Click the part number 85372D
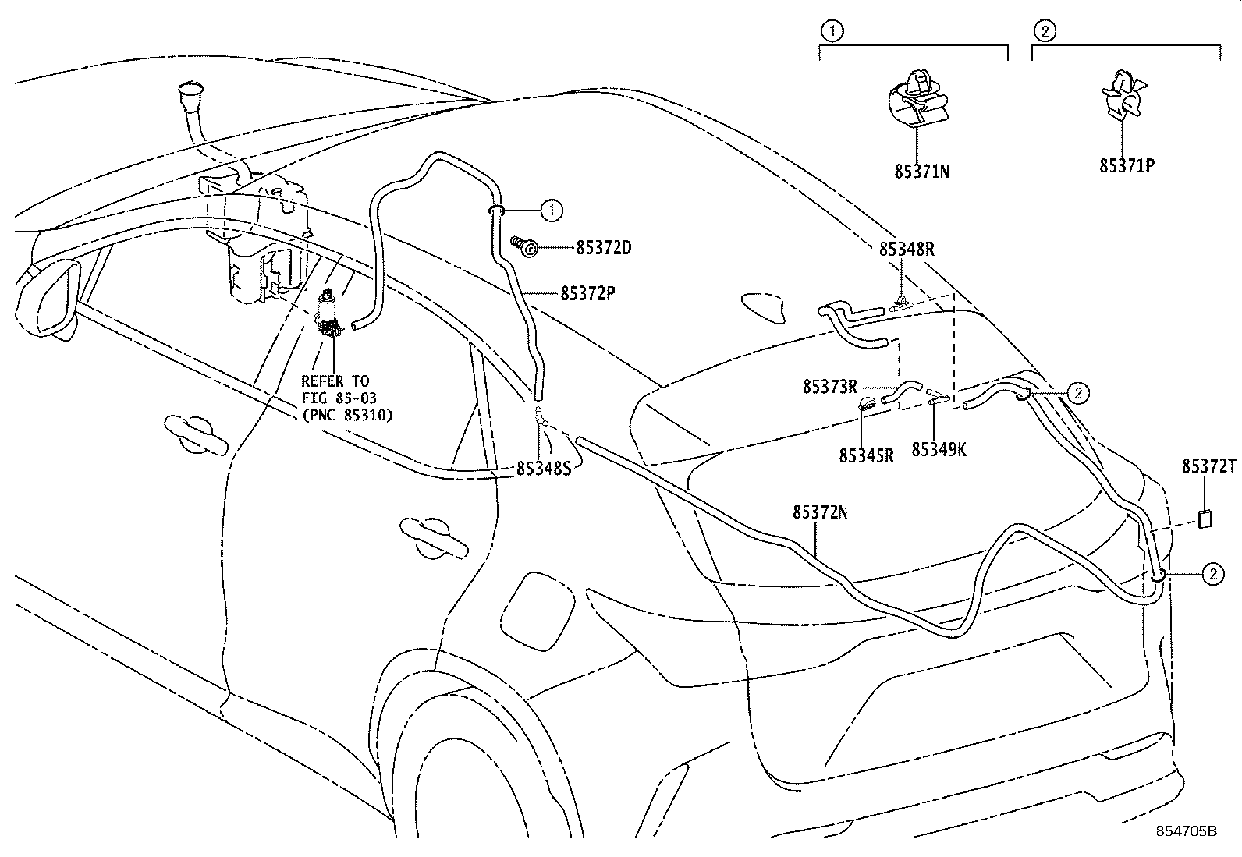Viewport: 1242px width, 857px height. point(603,249)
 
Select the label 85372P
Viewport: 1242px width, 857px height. point(587,293)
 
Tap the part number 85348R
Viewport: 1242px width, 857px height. point(907,249)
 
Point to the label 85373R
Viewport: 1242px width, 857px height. point(829,387)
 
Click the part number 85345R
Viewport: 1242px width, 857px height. point(866,455)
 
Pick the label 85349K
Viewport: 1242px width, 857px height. point(939,450)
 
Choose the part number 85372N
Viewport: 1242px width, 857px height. point(820,512)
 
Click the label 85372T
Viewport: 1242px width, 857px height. point(1208,466)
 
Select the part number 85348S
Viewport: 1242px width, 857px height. point(544,469)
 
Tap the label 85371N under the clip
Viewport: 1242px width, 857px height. point(921,171)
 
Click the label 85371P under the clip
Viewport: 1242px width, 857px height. point(1127,166)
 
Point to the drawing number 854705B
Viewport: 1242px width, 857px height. point(1186,831)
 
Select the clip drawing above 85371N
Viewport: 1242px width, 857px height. point(919,97)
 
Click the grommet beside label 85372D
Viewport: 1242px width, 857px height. point(528,248)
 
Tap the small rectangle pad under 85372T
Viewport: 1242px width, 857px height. point(1205,519)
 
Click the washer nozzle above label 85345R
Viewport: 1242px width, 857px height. point(867,404)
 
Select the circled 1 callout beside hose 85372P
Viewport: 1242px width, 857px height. point(551,209)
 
